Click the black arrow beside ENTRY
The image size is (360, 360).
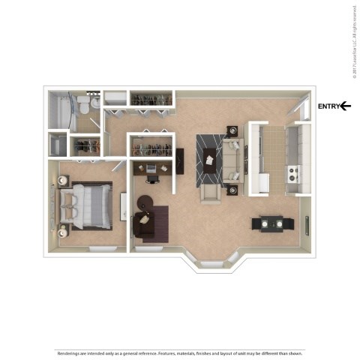click(346, 106)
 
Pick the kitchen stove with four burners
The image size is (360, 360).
click(293, 175)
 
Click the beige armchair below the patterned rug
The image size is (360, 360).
click(211, 194)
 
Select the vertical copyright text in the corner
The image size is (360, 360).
click(353, 42)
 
